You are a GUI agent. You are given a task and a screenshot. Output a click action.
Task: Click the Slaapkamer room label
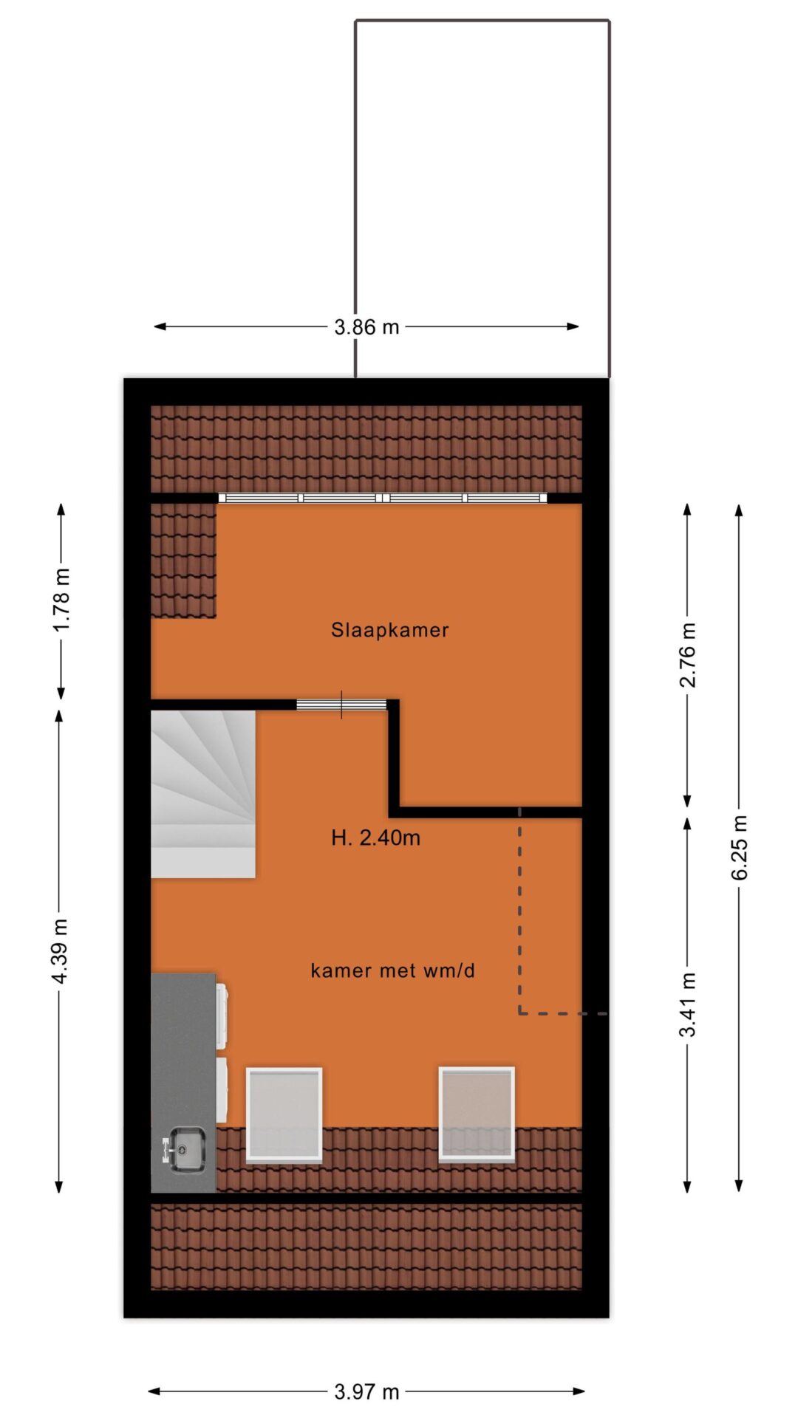[389, 630]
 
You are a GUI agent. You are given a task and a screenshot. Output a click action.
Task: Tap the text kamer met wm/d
[392, 970]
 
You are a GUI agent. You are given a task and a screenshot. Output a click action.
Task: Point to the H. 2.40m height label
[376, 838]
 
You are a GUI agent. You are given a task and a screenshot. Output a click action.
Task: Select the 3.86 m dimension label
[366, 327]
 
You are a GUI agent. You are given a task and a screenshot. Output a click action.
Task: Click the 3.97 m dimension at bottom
[366, 1392]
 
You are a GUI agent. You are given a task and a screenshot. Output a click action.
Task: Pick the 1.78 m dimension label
[61, 599]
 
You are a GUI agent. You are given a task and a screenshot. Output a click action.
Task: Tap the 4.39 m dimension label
[61, 951]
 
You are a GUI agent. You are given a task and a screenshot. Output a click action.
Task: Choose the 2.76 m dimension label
[688, 654]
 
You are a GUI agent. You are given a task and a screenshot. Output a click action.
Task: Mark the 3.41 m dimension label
[688, 1004]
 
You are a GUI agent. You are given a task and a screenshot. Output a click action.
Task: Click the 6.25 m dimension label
[740, 848]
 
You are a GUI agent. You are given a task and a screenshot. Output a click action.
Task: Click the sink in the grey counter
[183, 1148]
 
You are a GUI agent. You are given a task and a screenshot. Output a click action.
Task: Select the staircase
[203, 794]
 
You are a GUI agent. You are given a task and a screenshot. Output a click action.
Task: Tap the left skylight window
[284, 1114]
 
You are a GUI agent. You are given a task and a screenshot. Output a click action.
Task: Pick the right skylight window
[477, 1114]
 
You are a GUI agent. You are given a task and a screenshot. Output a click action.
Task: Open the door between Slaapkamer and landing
[341, 705]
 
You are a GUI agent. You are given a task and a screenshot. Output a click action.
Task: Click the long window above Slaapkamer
[383, 498]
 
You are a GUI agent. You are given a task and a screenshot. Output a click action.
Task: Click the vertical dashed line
[520, 910]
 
